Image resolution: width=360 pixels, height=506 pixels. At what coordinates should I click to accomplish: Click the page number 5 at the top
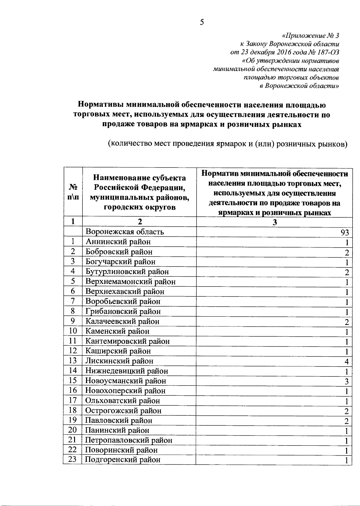(x=202, y=22)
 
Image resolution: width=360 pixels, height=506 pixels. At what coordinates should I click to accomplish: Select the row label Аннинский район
(x=118, y=242)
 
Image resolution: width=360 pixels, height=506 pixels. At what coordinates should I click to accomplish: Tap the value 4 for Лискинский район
(x=346, y=361)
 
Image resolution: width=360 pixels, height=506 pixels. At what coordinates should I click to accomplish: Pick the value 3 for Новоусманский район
(x=346, y=381)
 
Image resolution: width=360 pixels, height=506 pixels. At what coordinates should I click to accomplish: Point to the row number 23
(x=73, y=459)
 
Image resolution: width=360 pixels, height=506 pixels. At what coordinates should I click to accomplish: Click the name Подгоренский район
(x=123, y=460)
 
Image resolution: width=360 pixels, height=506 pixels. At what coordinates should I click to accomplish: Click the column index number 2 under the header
(x=139, y=222)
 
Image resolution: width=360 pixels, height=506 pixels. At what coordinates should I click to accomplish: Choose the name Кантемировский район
(x=127, y=341)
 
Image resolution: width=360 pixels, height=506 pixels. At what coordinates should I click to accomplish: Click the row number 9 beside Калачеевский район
(x=73, y=321)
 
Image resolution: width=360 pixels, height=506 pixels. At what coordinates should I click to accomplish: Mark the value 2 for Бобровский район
(x=346, y=252)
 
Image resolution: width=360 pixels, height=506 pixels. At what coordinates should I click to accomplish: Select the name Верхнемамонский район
(x=130, y=282)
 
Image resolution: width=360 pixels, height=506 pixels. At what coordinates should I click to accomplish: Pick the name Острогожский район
(x=123, y=411)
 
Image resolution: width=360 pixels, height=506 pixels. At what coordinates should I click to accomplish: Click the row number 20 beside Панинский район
(x=73, y=430)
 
